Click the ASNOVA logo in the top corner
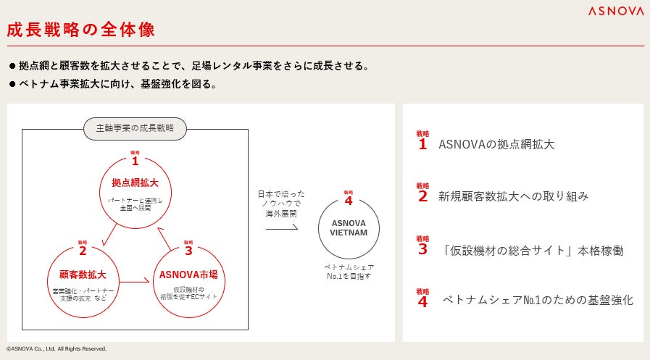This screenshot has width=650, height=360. [x=615, y=11]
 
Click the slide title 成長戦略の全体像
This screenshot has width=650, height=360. [x=80, y=30]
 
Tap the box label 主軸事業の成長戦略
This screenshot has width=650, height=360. [x=135, y=128]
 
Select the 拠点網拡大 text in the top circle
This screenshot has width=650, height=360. [x=135, y=182]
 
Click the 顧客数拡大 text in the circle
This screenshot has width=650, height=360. [x=83, y=275]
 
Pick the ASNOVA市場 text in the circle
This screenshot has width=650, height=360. [x=188, y=275]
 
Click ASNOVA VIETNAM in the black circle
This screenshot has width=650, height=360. [x=349, y=227]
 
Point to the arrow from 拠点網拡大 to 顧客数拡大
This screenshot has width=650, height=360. [x=109, y=235]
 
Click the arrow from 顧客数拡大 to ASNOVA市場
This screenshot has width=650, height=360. [x=134, y=282]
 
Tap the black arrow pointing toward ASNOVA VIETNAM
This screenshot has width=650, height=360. [x=281, y=228]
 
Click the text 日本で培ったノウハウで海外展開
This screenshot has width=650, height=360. [x=281, y=204]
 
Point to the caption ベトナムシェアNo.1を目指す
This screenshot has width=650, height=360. [x=349, y=272]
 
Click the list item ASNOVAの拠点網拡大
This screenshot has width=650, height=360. [x=496, y=144]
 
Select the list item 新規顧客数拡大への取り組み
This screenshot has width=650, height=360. [x=513, y=196]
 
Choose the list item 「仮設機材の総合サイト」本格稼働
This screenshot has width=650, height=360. [x=532, y=251]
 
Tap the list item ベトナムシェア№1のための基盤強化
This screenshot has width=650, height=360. [x=538, y=299]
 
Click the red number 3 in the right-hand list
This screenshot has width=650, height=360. [x=422, y=249]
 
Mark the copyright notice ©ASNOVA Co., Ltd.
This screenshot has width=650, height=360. [x=57, y=349]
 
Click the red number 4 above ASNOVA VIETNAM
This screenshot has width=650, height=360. [x=349, y=201]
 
